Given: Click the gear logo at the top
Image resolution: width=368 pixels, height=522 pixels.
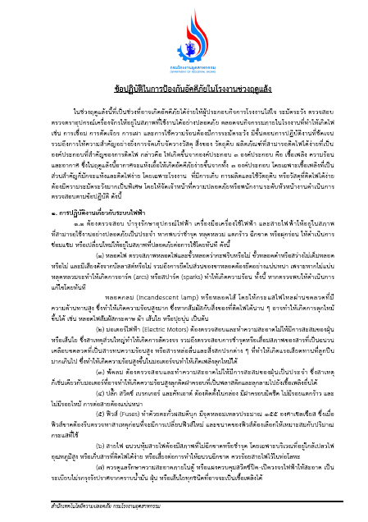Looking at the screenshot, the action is [x=184, y=29].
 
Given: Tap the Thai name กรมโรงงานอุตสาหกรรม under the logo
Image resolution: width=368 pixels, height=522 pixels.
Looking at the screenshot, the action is [x=184, y=50].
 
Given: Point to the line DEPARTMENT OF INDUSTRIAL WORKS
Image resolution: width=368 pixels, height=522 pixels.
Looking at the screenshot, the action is [x=184, y=55].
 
